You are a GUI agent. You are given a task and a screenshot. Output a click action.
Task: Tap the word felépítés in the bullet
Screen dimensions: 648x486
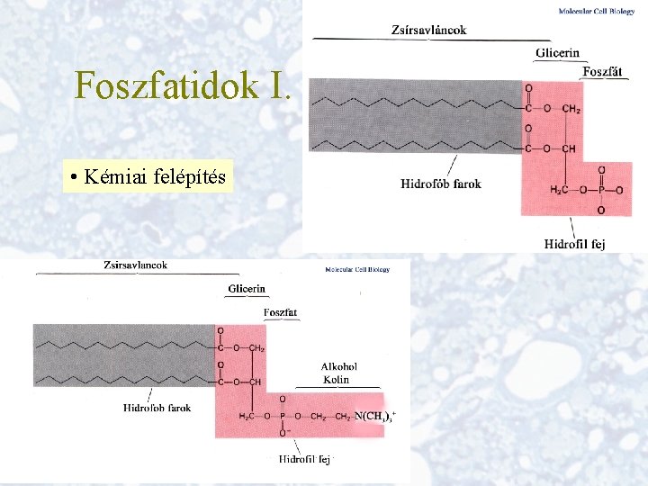191,176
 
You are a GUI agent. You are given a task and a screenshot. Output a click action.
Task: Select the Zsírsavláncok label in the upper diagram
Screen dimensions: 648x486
429,30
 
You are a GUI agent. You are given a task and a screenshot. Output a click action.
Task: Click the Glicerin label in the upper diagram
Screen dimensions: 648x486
557,53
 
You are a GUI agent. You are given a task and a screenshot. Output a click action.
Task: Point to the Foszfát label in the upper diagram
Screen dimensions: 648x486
602,72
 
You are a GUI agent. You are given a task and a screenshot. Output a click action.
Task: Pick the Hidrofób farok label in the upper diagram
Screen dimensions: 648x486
441,184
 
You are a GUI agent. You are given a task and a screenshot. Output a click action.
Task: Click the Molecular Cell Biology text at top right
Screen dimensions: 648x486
597,12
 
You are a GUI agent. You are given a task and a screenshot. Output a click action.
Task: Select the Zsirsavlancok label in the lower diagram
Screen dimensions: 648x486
135,265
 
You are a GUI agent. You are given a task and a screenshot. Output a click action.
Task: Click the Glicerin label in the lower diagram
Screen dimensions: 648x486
247,289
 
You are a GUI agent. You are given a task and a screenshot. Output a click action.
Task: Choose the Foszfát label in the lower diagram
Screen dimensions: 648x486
280,312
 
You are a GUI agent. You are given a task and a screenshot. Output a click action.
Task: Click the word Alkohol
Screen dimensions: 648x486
339,366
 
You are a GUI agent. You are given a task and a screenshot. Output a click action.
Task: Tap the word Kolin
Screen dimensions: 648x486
337,379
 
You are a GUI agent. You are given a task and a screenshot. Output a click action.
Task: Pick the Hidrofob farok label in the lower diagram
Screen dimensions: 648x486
157,408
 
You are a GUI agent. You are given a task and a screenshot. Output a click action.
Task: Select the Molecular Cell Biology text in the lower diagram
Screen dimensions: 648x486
357,270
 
